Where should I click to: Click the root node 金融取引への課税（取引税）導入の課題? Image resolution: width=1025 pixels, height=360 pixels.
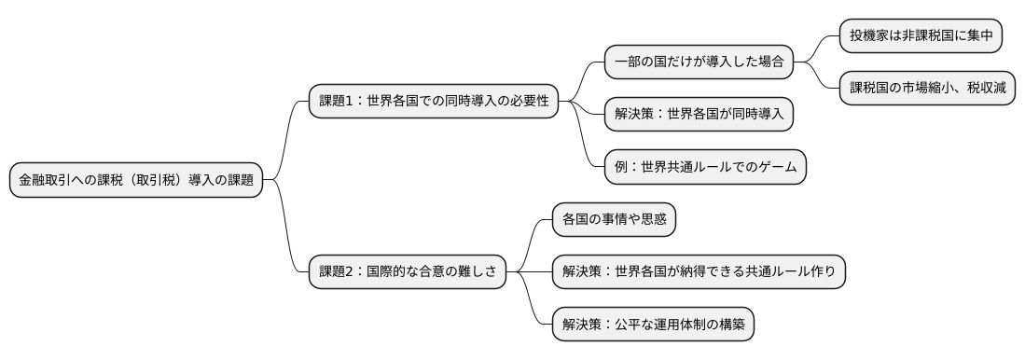(136, 180)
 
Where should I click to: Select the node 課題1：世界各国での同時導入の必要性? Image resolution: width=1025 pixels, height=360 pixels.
(434, 102)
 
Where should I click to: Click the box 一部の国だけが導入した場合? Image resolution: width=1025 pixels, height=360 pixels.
(699, 62)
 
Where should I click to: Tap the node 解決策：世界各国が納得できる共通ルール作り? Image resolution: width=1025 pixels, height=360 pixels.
(699, 271)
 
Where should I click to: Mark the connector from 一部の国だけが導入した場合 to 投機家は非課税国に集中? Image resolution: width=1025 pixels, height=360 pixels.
(816, 48)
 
